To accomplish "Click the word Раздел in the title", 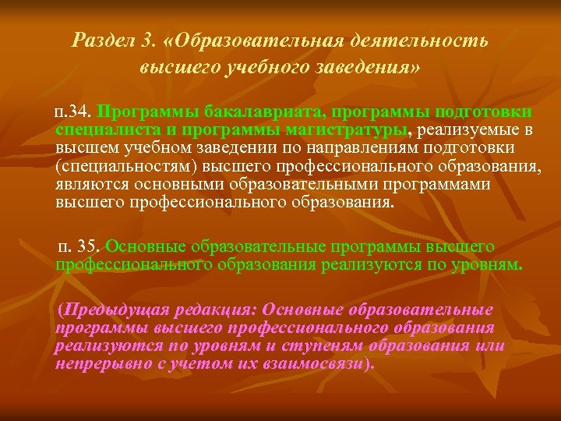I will click(101, 40).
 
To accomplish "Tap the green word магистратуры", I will click(351, 129).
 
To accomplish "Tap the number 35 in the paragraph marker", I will click(89, 246).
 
